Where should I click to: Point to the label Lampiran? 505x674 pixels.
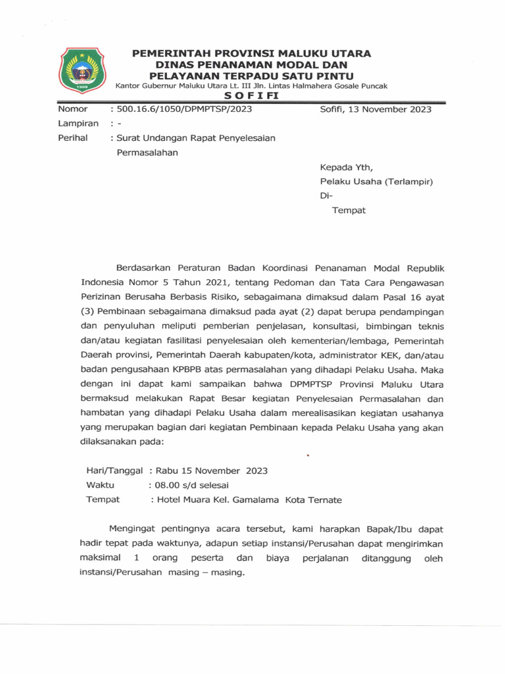[78, 124]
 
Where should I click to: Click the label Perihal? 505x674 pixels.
[73, 138]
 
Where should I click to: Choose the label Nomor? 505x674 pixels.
[73, 109]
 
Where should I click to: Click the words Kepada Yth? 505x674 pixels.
[346, 167]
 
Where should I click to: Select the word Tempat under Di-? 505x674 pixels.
[349, 211]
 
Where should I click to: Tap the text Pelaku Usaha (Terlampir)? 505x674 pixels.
[375, 182]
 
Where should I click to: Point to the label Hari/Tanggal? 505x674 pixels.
[116, 471]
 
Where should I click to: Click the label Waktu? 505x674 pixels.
[101, 485]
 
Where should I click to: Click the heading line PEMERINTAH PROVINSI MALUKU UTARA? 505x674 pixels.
[252, 53]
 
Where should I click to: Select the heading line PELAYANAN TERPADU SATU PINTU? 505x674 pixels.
[252, 76]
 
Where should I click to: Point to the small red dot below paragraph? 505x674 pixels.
[307, 454]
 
